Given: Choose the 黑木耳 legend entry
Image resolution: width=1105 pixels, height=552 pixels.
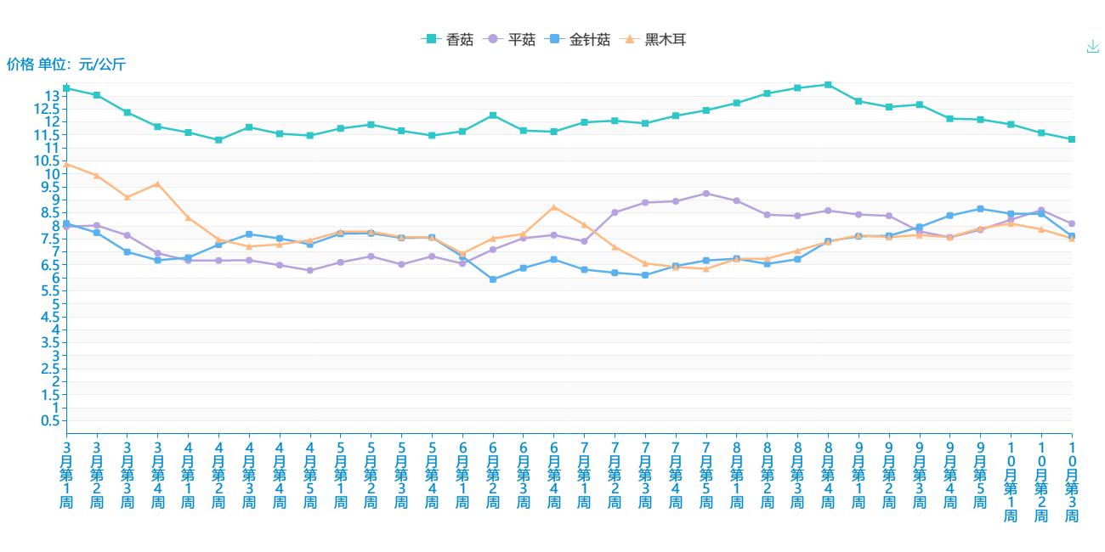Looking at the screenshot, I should point(655,39).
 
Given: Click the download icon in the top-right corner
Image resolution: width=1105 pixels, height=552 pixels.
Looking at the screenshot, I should point(1093,47).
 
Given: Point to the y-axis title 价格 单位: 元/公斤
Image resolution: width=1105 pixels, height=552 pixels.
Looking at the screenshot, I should point(66,64).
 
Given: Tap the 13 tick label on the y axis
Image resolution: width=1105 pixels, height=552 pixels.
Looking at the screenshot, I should point(53,95).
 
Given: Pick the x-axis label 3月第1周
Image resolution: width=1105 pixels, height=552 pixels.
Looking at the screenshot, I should point(66,474).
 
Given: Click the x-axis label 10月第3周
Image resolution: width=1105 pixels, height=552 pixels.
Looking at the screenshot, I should point(1072,481).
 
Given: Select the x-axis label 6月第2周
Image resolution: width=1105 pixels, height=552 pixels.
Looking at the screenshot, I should point(493,474).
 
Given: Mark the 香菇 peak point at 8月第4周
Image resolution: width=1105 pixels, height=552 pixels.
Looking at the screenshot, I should point(828,85).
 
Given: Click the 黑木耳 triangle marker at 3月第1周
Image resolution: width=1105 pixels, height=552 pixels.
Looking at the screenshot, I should point(66,164).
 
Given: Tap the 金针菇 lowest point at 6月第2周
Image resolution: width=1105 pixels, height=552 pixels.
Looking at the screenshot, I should point(493,279).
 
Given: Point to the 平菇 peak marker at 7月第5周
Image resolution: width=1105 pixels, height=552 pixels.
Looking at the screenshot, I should point(706,194).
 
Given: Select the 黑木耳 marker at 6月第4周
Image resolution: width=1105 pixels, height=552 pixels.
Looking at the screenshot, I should point(554,207).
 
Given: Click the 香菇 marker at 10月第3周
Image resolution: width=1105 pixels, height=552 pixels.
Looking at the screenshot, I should point(1072,139).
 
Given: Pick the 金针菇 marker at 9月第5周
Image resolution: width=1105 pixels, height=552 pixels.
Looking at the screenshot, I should point(980,209).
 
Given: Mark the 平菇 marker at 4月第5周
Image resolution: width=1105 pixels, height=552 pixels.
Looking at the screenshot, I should point(310,270).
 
